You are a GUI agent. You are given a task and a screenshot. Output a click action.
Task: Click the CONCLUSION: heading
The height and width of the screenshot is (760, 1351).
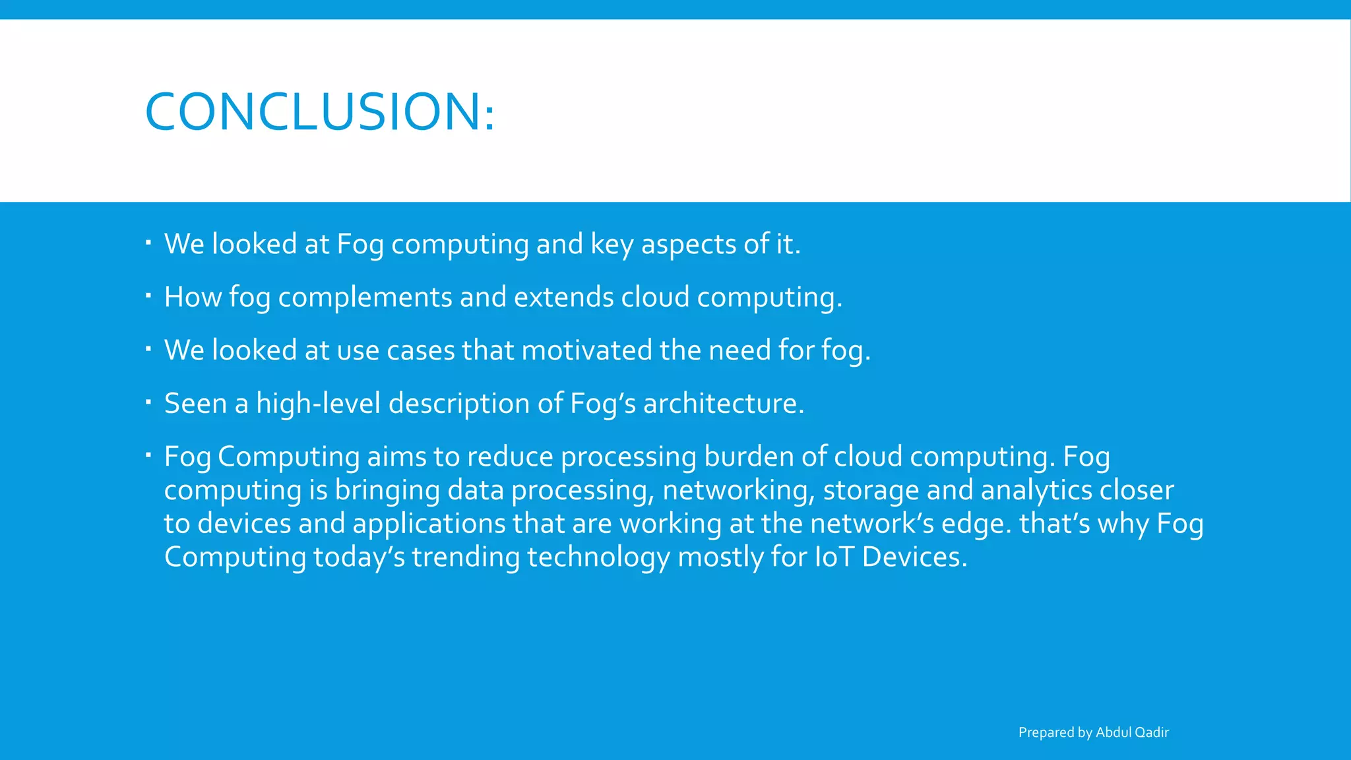319,111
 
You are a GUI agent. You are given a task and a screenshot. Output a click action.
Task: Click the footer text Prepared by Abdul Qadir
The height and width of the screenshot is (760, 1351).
1093,732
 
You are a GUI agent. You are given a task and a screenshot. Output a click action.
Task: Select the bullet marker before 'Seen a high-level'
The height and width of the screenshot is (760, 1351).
149,400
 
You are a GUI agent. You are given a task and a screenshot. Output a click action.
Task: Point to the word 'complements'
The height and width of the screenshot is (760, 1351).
365,298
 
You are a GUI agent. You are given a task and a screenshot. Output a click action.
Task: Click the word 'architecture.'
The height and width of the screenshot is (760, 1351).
723,403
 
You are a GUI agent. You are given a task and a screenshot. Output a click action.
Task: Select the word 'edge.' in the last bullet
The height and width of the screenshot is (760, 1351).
976,524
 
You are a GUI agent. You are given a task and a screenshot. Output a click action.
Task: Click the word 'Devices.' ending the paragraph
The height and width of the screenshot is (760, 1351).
914,557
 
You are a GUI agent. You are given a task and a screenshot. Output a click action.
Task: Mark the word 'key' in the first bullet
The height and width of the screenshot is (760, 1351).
612,245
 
